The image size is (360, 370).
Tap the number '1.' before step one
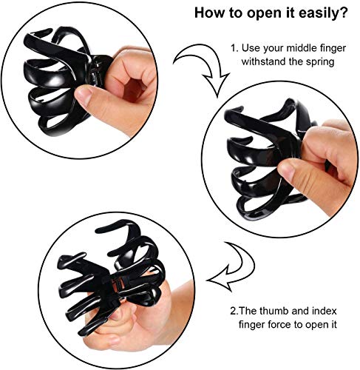tap(234, 48)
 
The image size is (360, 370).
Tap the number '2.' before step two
tap(234, 311)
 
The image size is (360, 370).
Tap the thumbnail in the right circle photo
tap(287, 169)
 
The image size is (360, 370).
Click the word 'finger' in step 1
tap(333, 49)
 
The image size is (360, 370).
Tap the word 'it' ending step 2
tap(333, 324)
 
